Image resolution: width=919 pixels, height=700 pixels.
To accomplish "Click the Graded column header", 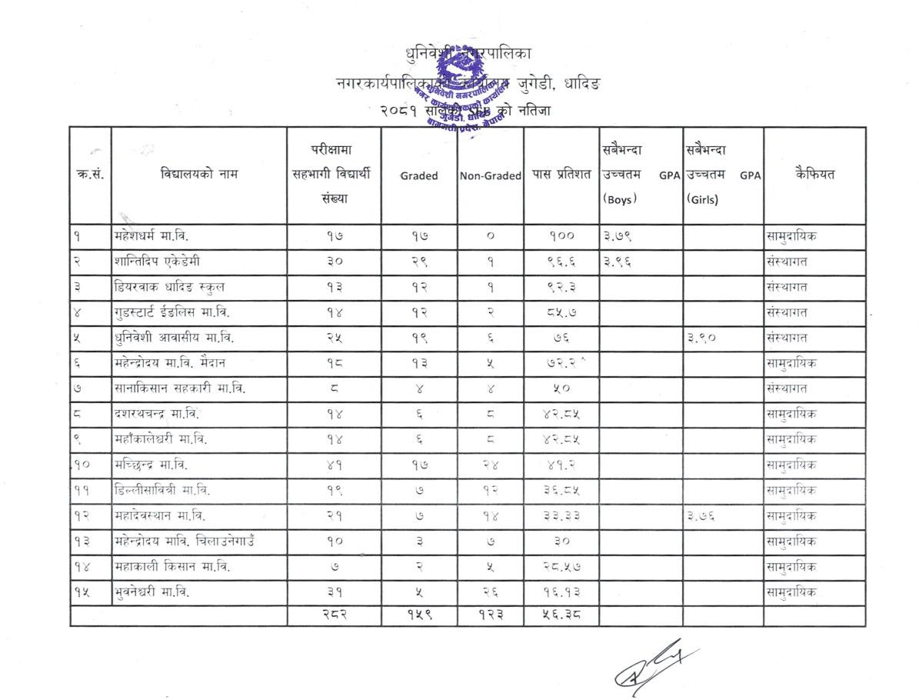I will tap(419, 175).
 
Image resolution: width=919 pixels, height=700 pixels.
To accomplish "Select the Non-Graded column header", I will tap(491, 175).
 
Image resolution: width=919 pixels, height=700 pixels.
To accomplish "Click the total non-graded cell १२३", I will tap(490, 615).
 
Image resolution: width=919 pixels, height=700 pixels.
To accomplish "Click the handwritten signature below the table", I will tap(654, 666).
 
